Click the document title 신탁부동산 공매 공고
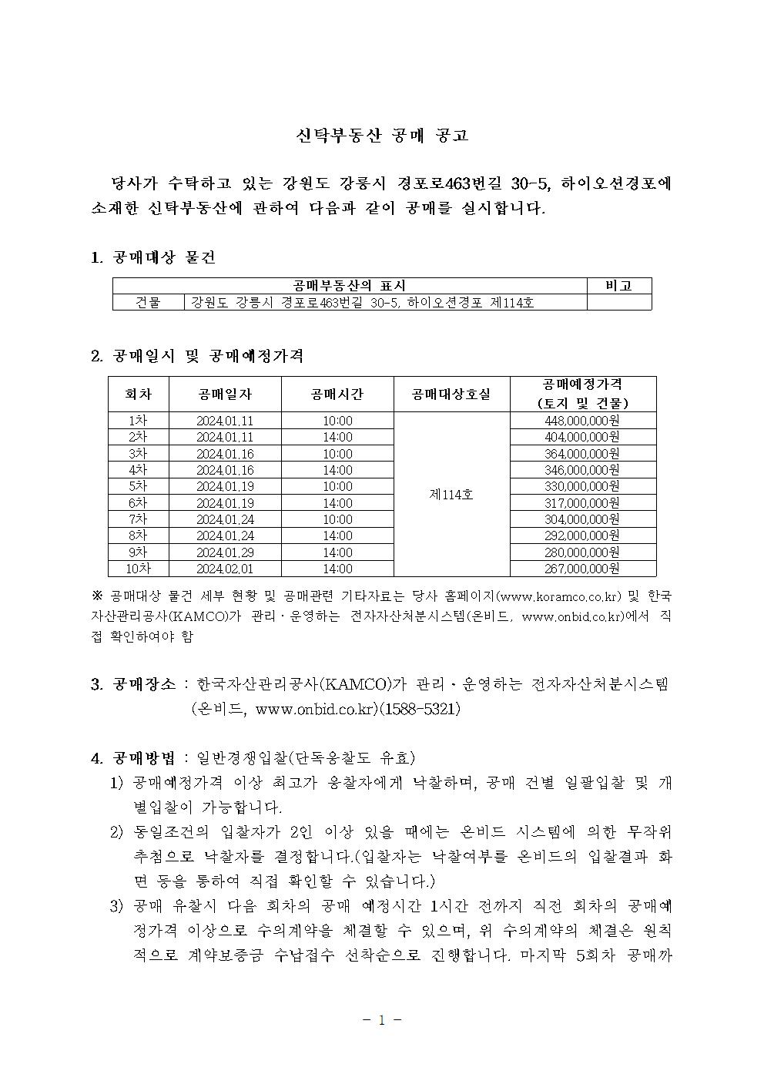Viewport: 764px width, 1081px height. click(382, 136)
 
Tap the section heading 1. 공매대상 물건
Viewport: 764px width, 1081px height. click(153, 257)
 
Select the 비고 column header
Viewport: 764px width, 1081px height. click(618, 286)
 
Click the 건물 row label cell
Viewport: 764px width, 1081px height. click(148, 303)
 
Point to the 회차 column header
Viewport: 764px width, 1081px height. click(138, 394)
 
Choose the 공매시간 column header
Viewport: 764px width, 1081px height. click(337, 394)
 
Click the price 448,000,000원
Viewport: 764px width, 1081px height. click(582, 421)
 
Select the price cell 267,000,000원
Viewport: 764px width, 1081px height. click(582, 569)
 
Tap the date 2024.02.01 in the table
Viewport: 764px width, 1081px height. click(225, 569)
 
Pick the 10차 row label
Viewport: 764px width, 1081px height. click(139, 569)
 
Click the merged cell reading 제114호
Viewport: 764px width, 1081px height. click(451, 495)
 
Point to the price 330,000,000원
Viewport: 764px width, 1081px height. click(582, 486)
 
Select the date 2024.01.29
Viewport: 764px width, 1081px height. click(225, 552)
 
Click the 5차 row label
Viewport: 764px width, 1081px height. click(139, 486)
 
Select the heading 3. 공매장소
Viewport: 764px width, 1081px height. click(133, 684)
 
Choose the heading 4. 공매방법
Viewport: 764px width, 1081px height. click(133, 758)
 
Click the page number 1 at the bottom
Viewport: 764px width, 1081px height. click(381, 1020)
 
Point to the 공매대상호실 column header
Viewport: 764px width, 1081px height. click(451, 394)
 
